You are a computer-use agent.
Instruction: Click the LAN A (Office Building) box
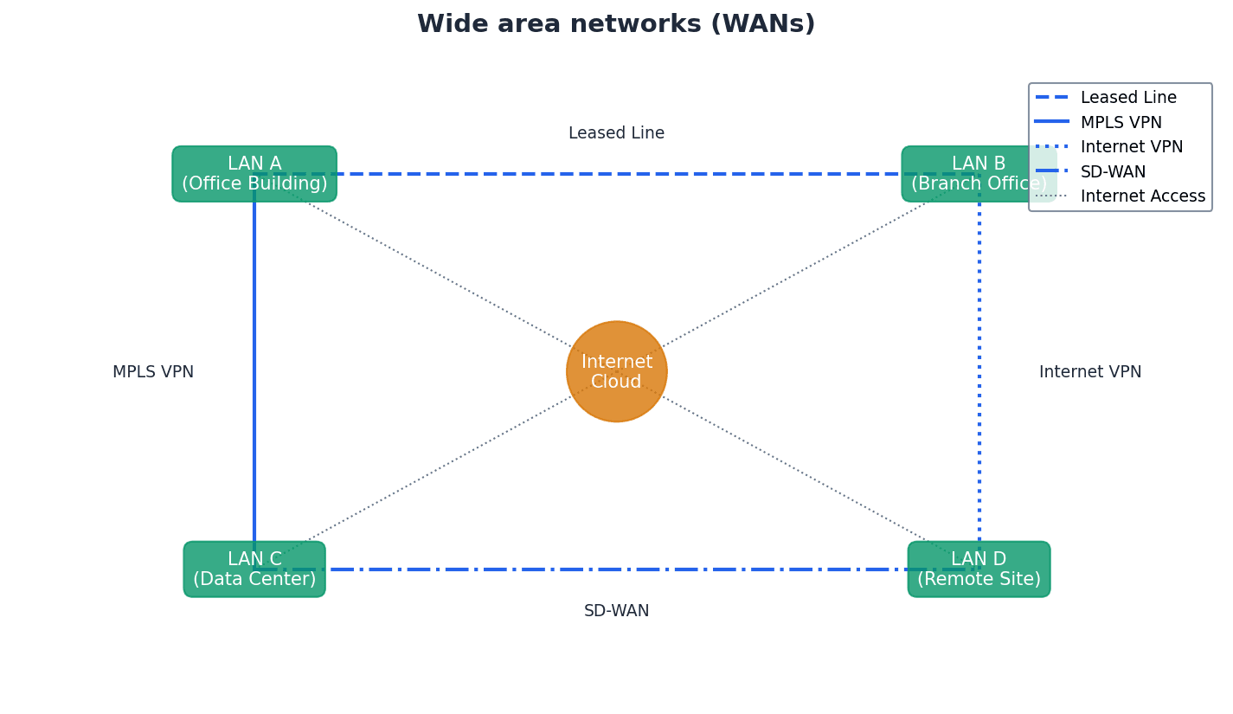click(254, 174)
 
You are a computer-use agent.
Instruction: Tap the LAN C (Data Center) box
click(254, 569)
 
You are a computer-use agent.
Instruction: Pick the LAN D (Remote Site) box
click(979, 569)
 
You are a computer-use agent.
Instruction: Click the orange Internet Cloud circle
click(616, 371)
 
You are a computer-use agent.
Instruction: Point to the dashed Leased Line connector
click(616, 174)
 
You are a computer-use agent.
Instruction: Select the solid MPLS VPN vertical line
click(254, 372)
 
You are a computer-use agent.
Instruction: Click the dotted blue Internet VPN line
click(979, 372)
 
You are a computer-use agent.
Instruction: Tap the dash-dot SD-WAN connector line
click(616, 569)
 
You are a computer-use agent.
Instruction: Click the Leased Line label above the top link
click(616, 133)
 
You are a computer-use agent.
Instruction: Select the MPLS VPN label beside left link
click(153, 372)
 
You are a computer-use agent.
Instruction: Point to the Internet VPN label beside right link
click(1089, 372)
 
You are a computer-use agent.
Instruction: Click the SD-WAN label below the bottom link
click(616, 611)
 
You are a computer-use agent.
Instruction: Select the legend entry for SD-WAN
click(1113, 172)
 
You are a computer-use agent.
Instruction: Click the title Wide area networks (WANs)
click(616, 24)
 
